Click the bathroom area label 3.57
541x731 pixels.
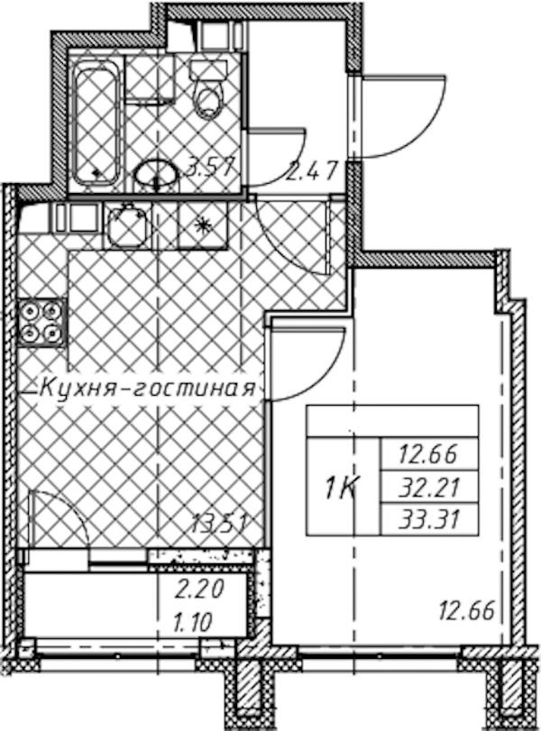coord(208,166)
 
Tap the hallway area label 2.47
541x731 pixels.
coord(312,170)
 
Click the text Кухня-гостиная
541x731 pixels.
coord(148,388)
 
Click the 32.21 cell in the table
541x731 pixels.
coord(429,487)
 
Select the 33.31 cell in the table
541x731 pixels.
coord(429,518)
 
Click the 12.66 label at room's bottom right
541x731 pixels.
coord(466,610)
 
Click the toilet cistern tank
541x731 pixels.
coord(208,70)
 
